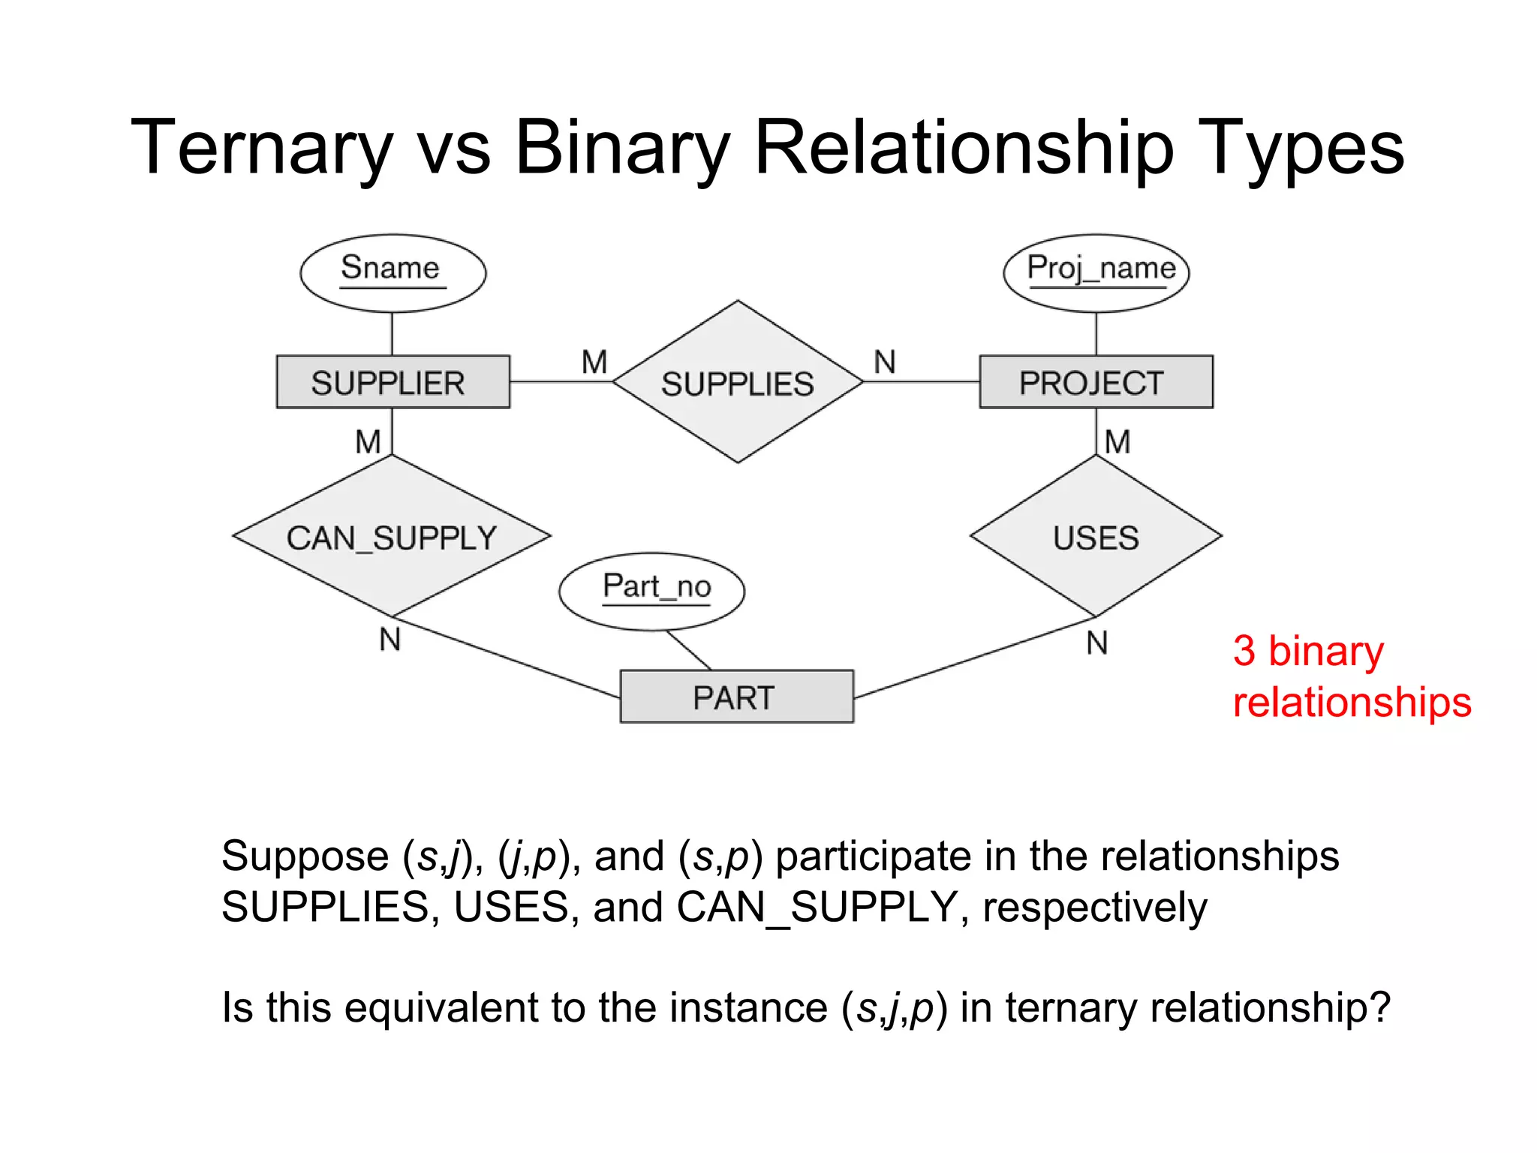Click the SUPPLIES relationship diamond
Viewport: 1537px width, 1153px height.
click(738, 382)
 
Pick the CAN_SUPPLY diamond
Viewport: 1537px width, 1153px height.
click(392, 537)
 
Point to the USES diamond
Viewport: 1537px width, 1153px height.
click(1096, 537)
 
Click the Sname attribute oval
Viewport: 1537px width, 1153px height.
click(393, 272)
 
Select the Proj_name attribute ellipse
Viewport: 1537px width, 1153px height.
click(1096, 272)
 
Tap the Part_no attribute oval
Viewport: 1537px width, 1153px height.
click(651, 591)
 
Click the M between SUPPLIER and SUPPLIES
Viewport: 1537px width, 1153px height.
click(594, 362)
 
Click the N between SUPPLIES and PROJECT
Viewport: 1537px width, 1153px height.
click(885, 362)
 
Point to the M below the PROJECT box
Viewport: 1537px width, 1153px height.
click(1117, 441)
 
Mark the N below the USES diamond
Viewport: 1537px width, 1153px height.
click(1096, 643)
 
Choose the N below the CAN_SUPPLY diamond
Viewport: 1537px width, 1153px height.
click(390, 640)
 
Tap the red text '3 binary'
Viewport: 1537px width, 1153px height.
click(1308, 651)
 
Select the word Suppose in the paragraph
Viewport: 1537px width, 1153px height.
click(305, 856)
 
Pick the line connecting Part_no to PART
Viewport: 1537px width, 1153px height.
click(688, 650)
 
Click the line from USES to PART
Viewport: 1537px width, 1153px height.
click(976, 658)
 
